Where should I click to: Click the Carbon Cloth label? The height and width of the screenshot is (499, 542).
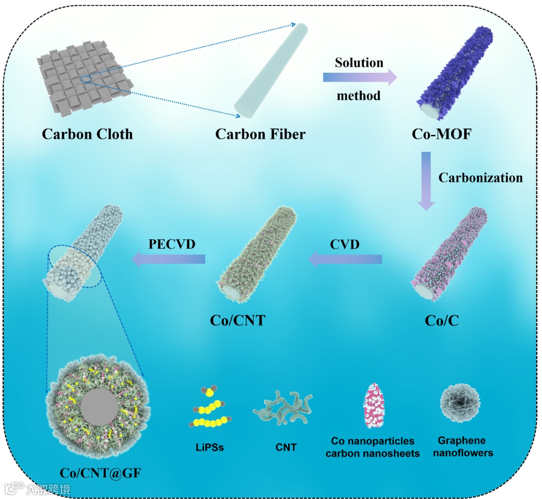[x=87, y=134]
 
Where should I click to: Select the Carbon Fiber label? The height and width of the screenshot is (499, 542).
[x=260, y=134]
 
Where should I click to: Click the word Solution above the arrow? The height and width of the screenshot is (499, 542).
[x=359, y=63]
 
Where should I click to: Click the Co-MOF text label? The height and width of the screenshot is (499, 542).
[x=441, y=134]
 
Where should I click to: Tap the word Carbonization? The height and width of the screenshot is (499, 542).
[x=480, y=178]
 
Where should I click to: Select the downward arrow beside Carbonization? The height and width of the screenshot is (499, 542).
[x=426, y=181]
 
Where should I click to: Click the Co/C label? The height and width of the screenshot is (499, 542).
[x=442, y=320]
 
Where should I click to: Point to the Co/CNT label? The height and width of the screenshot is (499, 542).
[x=237, y=320]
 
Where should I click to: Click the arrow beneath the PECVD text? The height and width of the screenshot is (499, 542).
[x=169, y=259]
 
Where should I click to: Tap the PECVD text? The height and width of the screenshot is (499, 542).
[x=172, y=244]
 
